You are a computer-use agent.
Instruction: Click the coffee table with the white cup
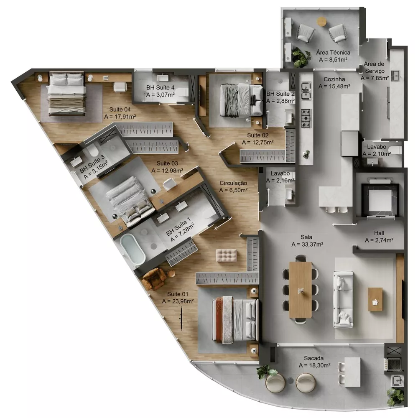pyautogui.click(x=375, y=299)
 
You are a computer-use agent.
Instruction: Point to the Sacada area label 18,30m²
pyautogui.click(x=315, y=365)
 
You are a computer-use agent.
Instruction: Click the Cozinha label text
pyautogui.click(x=334, y=79)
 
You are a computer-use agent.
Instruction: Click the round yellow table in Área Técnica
pyautogui.click(x=321, y=21)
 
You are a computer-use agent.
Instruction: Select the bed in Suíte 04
pyautogui.click(x=67, y=94)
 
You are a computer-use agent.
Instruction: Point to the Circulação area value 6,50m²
pyautogui.click(x=233, y=190)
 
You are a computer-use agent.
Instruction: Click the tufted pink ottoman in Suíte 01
pyautogui.click(x=226, y=255)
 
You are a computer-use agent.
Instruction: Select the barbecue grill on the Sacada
pyautogui.click(x=393, y=363)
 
